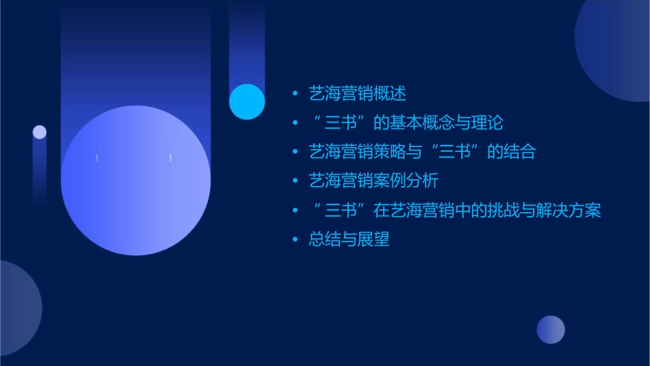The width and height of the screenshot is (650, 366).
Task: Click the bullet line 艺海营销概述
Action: click(357, 94)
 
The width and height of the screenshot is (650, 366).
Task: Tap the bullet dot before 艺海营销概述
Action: click(295, 94)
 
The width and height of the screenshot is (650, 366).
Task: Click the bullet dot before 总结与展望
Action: click(295, 240)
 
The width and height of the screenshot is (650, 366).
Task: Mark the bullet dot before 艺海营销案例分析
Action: click(295, 181)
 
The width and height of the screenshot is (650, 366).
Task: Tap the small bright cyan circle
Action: click(247, 101)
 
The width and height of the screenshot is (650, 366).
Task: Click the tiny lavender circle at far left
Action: click(40, 132)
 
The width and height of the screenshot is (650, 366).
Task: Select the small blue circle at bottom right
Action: click(551, 330)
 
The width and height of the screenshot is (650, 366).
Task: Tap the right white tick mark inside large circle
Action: click(170, 158)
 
